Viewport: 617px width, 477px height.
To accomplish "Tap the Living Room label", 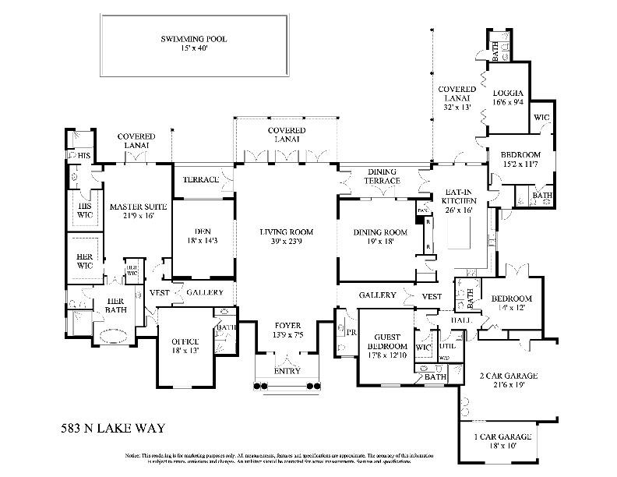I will pos(287,232).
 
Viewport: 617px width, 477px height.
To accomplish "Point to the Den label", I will pos(203,231).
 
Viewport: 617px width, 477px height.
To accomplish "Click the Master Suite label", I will pos(139,207).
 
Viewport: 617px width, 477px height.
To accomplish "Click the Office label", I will pos(180,341).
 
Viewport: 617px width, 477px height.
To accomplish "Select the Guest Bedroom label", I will pos(386,341).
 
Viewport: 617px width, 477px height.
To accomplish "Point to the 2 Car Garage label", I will pos(508,375).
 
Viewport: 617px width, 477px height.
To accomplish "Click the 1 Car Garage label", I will pos(508,438).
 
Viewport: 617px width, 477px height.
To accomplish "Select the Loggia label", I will pos(507,93).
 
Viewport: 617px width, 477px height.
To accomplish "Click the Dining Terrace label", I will pos(382,176).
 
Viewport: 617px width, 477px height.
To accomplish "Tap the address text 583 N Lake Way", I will pos(112,428).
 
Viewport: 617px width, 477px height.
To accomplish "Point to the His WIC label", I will pos(83,209).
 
